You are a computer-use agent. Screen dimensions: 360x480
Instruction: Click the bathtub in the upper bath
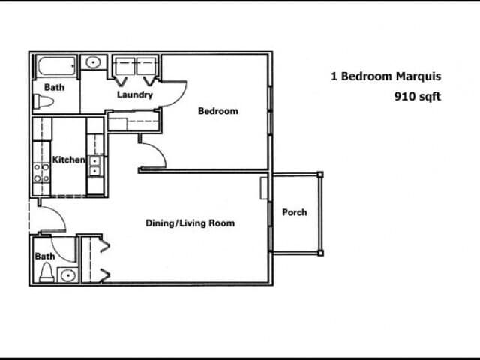[55, 67]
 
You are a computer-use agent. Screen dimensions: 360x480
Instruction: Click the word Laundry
[135, 95]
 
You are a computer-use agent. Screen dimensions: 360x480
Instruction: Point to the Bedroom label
[217, 111]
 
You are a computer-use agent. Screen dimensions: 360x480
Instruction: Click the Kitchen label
[68, 160]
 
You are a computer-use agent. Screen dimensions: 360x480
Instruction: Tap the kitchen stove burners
[40, 173]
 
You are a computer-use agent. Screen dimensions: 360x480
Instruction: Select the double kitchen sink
[94, 166]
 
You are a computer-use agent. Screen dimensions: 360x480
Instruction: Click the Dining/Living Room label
[190, 223]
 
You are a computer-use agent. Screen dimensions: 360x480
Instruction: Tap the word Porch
[294, 212]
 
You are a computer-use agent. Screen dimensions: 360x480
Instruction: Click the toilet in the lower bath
[46, 271]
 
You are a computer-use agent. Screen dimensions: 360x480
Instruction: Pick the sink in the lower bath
[67, 274]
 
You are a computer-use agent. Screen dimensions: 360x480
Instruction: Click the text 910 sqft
[418, 96]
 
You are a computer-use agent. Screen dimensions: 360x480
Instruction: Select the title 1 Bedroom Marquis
[385, 76]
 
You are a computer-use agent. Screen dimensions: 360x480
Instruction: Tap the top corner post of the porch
[320, 175]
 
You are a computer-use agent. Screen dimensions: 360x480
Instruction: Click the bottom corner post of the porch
[320, 253]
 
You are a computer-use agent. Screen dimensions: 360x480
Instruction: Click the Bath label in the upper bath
[54, 87]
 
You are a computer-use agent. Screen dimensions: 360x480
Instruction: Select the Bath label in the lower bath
[45, 256]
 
